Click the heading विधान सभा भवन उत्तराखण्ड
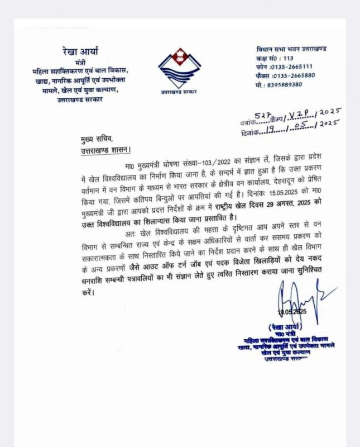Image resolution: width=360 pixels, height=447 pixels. [x=292, y=49]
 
